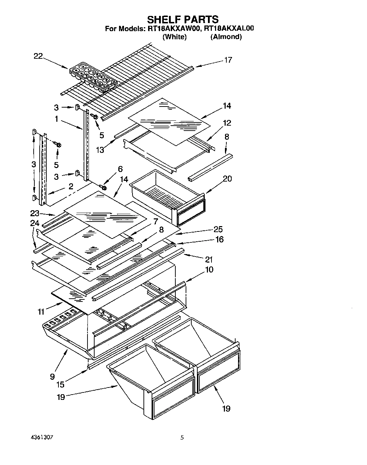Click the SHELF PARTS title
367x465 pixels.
click(182, 19)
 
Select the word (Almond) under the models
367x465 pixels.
click(226, 37)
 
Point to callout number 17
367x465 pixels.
click(228, 60)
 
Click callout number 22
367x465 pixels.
click(38, 56)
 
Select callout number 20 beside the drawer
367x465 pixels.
click(227, 179)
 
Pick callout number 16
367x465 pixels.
click(220, 240)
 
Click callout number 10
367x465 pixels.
click(209, 270)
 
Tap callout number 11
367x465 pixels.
click(41, 312)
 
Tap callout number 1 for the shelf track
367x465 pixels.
click(56, 119)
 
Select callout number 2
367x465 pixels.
click(71, 186)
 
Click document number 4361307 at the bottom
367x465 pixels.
click(42, 437)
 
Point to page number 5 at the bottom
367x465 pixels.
click(182, 437)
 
